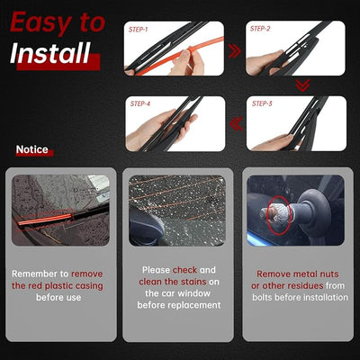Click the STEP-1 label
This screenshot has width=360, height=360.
click(139, 30)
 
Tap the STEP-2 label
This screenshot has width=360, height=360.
click(260, 29)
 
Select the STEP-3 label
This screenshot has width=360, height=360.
click(262, 103)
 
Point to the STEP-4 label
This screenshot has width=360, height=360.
click(140, 103)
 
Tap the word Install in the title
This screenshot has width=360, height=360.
click(50, 53)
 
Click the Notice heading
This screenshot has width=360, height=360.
click(32, 149)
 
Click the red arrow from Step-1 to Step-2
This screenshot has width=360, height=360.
click(235, 51)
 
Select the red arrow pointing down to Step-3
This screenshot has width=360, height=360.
click(302, 85)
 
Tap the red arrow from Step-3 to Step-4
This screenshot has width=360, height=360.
click(236, 124)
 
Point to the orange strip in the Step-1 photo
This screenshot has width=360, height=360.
click(180, 56)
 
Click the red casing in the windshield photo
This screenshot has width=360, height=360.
click(45, 219)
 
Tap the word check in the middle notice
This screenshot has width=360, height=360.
click(184, 270)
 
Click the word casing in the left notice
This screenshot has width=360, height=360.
click(89, 286)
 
